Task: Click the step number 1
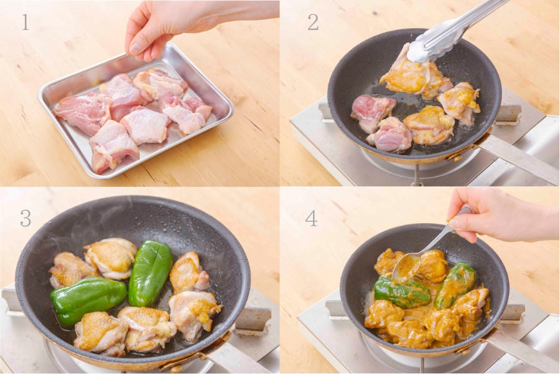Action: pos(25,22)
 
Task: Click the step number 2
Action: pos(313,22)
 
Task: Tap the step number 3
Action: pos(26,218)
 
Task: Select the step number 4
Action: pos(311,218)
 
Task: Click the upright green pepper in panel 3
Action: pos(149,273)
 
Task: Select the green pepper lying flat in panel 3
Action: pos(88,300)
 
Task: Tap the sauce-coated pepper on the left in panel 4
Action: pos(402,292)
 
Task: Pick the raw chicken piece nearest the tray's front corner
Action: pos(113,146)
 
